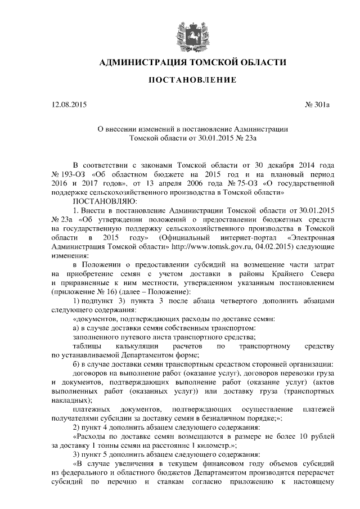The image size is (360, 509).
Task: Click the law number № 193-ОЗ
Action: [70, 174]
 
